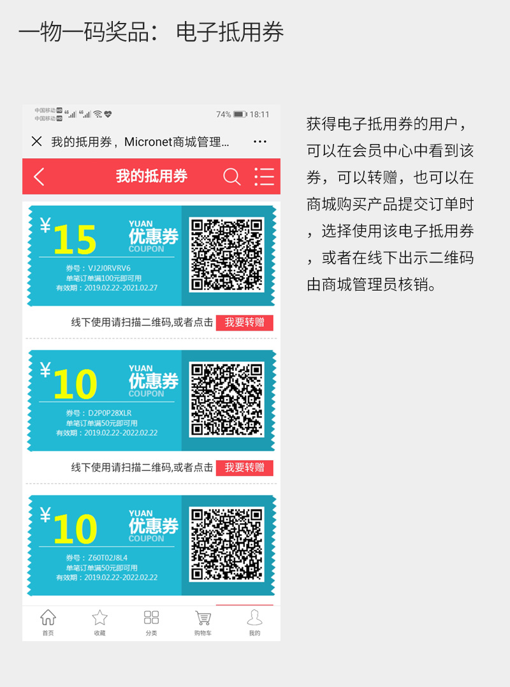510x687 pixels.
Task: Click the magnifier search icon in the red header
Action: tap(232, 177)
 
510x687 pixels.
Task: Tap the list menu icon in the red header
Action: tap(264, 177)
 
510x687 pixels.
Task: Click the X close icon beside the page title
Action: tap(37, 141)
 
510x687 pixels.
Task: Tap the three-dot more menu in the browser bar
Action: tap(259, 141)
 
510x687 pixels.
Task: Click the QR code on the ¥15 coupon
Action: tap(227, 255)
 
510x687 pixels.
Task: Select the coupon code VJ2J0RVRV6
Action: tap(109, 268)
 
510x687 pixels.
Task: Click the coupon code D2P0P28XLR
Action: tap(110, 413)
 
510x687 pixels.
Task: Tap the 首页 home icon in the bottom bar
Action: tap(48, 618)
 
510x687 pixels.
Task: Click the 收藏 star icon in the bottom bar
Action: tap(99, 618)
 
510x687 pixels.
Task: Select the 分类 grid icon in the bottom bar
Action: tap(151, 618)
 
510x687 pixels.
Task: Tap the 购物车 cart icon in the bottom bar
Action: tap(203, 618)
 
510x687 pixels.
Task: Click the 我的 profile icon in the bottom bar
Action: tap(254, 618)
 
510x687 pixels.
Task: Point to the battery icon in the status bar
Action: tap(240, 115)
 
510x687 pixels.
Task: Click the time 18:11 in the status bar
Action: tap(259, 115)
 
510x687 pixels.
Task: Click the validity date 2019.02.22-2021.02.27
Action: tap(120, 288)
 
